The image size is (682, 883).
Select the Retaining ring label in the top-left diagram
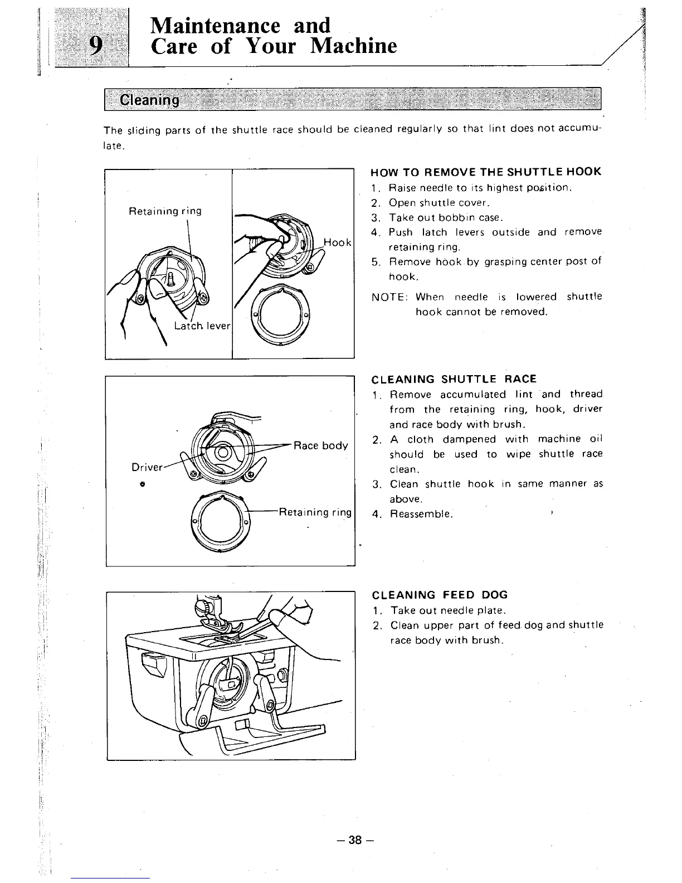coord(165,211)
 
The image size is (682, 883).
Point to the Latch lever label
coord(202,326)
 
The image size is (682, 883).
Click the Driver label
coord(147,467)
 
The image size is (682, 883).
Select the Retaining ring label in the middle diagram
coord(315,512)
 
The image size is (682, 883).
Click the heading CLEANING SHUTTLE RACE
coord(454,380)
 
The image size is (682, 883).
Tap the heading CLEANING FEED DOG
coord(440,595)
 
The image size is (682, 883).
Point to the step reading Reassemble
coord(421,514)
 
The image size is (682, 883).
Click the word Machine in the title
coord(353,46)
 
